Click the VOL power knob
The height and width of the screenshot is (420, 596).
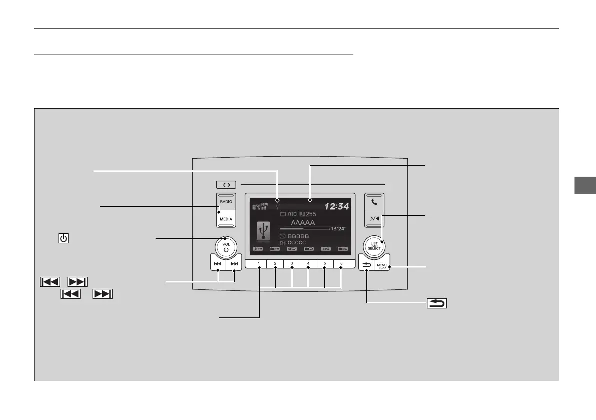point(226,246)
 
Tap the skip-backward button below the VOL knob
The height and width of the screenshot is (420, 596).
point(218,263)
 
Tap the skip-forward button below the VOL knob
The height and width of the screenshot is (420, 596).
point(234,263)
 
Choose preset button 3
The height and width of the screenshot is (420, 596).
point(292,263)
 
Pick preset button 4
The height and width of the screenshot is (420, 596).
point(308,263)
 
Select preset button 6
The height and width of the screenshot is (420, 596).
point(341,263)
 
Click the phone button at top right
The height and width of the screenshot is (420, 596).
point(374,204)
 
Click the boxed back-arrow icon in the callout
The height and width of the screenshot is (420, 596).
point(437,303)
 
